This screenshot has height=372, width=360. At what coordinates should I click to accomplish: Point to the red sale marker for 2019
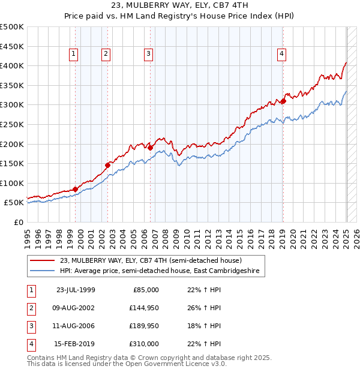pos(283,101)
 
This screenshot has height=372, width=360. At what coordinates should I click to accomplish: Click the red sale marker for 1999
pos(76,189)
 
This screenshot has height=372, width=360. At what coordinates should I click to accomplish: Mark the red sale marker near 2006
pos(151,148)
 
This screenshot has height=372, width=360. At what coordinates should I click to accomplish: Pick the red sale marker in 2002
pos(108,165)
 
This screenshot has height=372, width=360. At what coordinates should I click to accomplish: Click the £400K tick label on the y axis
pos(13,65)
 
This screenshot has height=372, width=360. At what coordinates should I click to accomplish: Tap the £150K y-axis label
pos(13,163)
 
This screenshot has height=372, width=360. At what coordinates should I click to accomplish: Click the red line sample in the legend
pos(43,260)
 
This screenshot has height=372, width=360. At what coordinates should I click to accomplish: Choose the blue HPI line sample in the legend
pos(43,271)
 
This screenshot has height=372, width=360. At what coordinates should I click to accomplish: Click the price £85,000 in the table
pos(145,290)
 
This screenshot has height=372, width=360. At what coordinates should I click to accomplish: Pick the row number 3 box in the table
pos(31,326)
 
